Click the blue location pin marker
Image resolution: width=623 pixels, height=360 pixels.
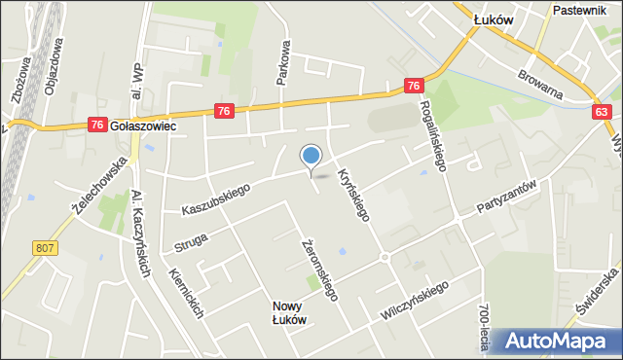[x=311, y=156]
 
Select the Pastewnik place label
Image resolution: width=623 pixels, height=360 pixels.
[x=578, y=10]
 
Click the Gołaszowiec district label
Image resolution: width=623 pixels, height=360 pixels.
[x=143, y=126]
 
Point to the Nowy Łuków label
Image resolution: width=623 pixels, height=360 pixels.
[x=290, y=312]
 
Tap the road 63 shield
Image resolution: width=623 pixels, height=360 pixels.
[x=604, y=113]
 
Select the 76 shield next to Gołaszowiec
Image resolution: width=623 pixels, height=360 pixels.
[x=96, y=125]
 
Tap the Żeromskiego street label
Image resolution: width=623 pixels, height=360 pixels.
[x=318, y=270]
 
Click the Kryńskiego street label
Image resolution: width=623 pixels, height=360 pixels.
[x=351, y=191]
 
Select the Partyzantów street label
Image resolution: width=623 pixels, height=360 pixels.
[x=507, y=198]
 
